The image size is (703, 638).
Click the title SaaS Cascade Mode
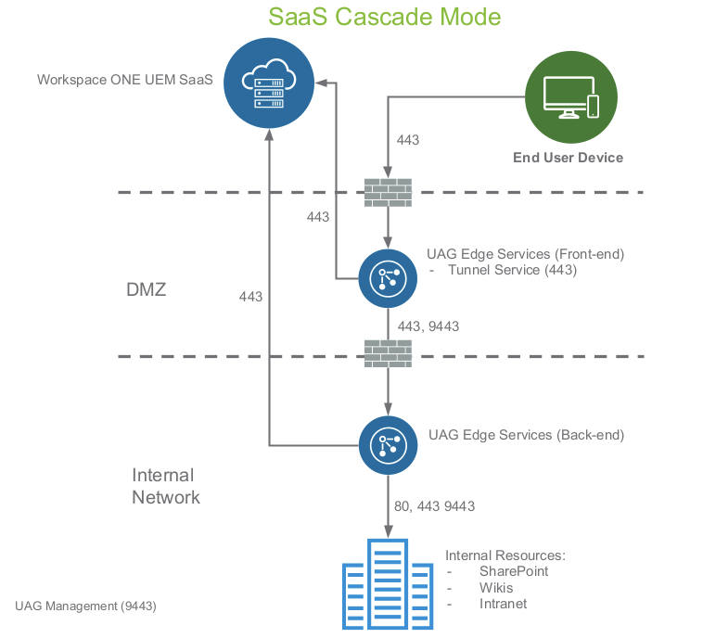(x=384, y=17)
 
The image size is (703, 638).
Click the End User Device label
(x=568, y=158)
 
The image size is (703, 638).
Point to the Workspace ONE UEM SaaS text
(x=125, y=80)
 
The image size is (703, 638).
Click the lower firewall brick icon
(x=388, y=354)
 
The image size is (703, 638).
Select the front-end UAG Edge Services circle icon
(x=388, y=277)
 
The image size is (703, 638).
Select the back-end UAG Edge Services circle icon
(x=388, y=446)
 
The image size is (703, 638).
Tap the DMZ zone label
(x=147, y=290)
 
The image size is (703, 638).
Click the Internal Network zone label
(x=165, y=486)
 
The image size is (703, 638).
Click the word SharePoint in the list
(x=514, y=571)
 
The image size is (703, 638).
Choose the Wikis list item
(x=496, y=588)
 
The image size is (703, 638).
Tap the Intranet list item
(x=503, y=604)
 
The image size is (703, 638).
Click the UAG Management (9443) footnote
(x=85, y=606)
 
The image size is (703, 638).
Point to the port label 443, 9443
(x=428, y=326)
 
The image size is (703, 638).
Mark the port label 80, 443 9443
(x=434, y=506)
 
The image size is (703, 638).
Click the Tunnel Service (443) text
(x=512, y=270)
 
